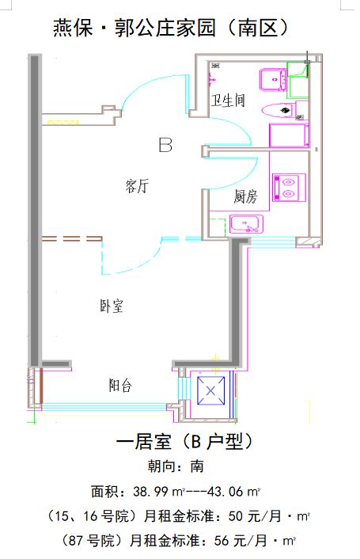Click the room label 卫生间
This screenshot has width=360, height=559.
(228, 101)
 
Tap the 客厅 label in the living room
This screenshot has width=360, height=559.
(138, 186)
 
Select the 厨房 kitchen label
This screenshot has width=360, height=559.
(246, 196)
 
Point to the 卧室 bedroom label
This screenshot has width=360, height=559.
(112, 306)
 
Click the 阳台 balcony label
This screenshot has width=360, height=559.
(120, 386)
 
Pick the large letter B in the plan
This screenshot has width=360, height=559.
(165, 145)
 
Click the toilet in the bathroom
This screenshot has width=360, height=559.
(279, 110)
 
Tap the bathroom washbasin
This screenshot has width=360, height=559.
(273, 80)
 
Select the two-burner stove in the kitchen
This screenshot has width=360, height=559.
(289, 188)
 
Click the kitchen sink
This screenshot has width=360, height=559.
(246, 224)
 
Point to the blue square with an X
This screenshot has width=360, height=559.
(210, 391)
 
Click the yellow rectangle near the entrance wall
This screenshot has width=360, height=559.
(63, 123)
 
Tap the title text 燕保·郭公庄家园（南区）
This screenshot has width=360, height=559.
(171, 28)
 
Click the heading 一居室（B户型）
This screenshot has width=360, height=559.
(184, 442)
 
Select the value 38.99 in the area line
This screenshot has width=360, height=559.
(150, 492)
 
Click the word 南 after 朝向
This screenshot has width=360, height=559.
(197, 466)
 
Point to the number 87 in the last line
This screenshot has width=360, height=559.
(76, 541)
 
